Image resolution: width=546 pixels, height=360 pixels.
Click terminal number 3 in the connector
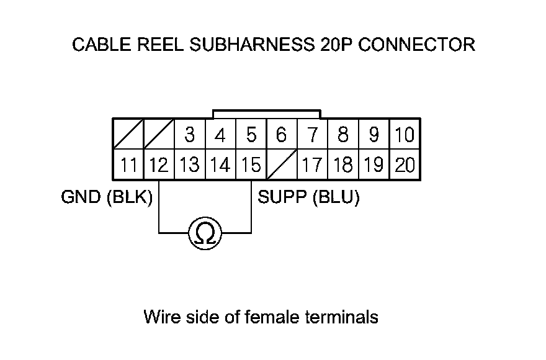190,135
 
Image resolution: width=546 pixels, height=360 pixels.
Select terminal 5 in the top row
251,135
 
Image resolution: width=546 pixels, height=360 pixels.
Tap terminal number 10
405,135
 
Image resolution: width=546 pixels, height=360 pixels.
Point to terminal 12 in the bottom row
159,165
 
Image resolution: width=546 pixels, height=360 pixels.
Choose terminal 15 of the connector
251,165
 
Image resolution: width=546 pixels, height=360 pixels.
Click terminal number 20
405,165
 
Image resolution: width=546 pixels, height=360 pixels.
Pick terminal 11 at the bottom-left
128,165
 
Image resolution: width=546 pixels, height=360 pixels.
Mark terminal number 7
312,135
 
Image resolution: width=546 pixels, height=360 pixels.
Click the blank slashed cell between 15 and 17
282,165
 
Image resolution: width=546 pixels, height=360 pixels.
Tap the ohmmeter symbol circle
205,234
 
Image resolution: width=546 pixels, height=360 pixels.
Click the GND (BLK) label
107,198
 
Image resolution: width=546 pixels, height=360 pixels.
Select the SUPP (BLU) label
308,198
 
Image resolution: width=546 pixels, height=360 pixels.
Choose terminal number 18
343,165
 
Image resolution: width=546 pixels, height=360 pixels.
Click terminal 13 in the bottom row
190,165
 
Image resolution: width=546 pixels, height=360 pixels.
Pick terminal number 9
374,135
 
